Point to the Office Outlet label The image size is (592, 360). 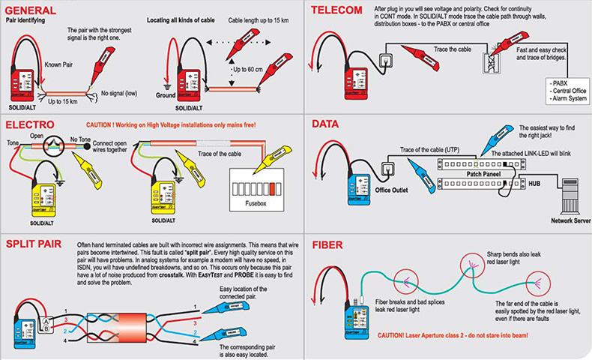[x=393, y=189]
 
